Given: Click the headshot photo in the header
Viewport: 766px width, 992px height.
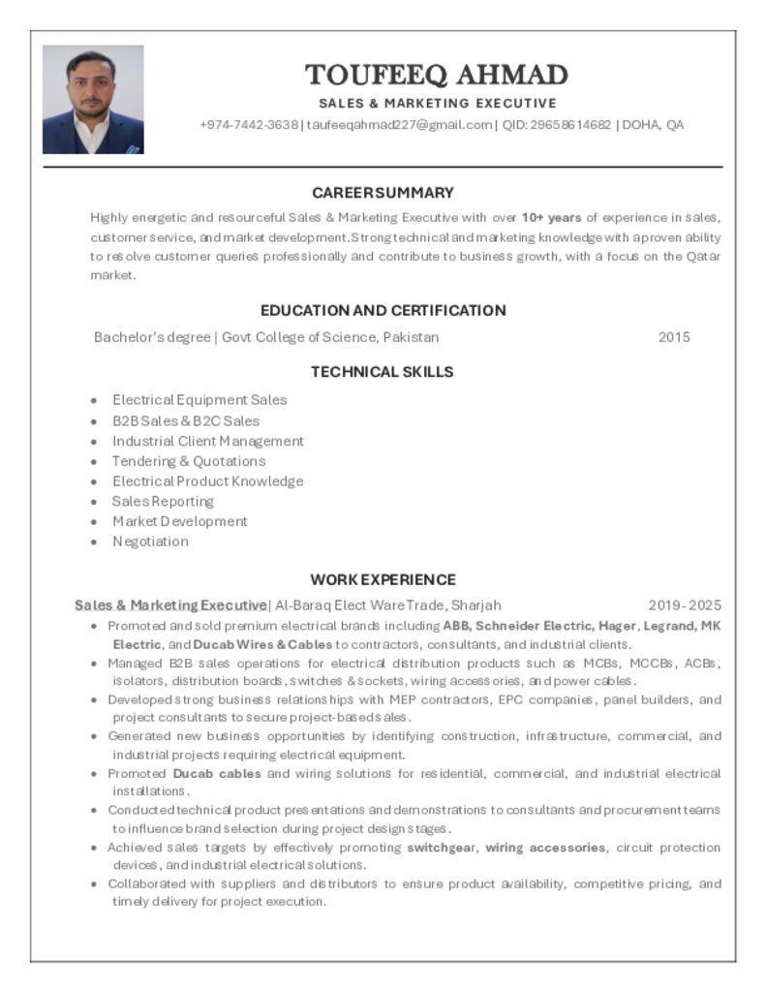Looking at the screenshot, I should (x=93, y=100).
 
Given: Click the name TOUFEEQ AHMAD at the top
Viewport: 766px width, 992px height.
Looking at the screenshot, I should (x=437, y=75).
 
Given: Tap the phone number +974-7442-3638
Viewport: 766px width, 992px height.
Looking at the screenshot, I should (x=249, y=125).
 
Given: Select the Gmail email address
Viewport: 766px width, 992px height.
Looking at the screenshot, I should (x=400, y=125).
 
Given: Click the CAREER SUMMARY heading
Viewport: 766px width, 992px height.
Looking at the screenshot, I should (x=383, y=193).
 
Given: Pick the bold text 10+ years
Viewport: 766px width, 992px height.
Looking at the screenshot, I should (x=551, y=217).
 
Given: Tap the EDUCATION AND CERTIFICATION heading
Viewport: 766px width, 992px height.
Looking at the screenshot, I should (x=383, y=310).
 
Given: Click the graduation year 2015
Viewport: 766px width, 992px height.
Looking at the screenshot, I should (x=674, y=337).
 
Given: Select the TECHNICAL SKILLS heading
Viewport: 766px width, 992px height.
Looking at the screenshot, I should (x=383, y=371).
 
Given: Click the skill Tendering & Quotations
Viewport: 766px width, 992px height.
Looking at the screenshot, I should (x=189, y=461).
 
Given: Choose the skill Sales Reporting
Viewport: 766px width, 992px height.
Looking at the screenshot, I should (x=163, y=501).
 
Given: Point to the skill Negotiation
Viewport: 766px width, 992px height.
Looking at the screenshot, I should (x=150, y=542).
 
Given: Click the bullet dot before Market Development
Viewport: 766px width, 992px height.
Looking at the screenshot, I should (x=94, y=522).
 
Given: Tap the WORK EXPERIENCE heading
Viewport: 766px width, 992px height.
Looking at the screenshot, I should (x=383, y=579).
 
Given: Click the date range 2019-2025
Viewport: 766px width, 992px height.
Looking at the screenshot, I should (x=685, y=605).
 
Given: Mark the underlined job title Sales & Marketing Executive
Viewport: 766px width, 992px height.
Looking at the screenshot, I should (x=170, y=605).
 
